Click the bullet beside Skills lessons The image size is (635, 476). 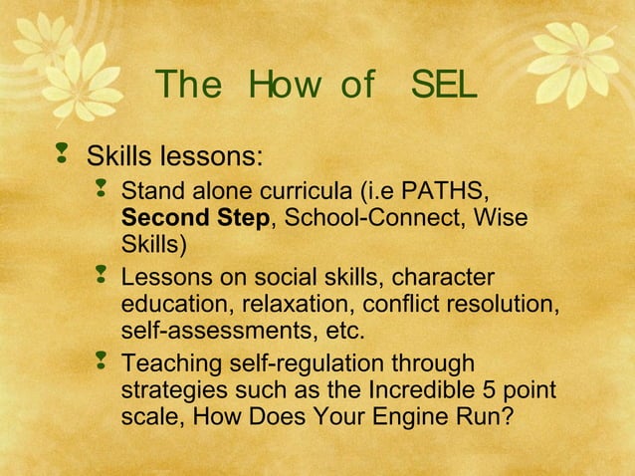[64, 153]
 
